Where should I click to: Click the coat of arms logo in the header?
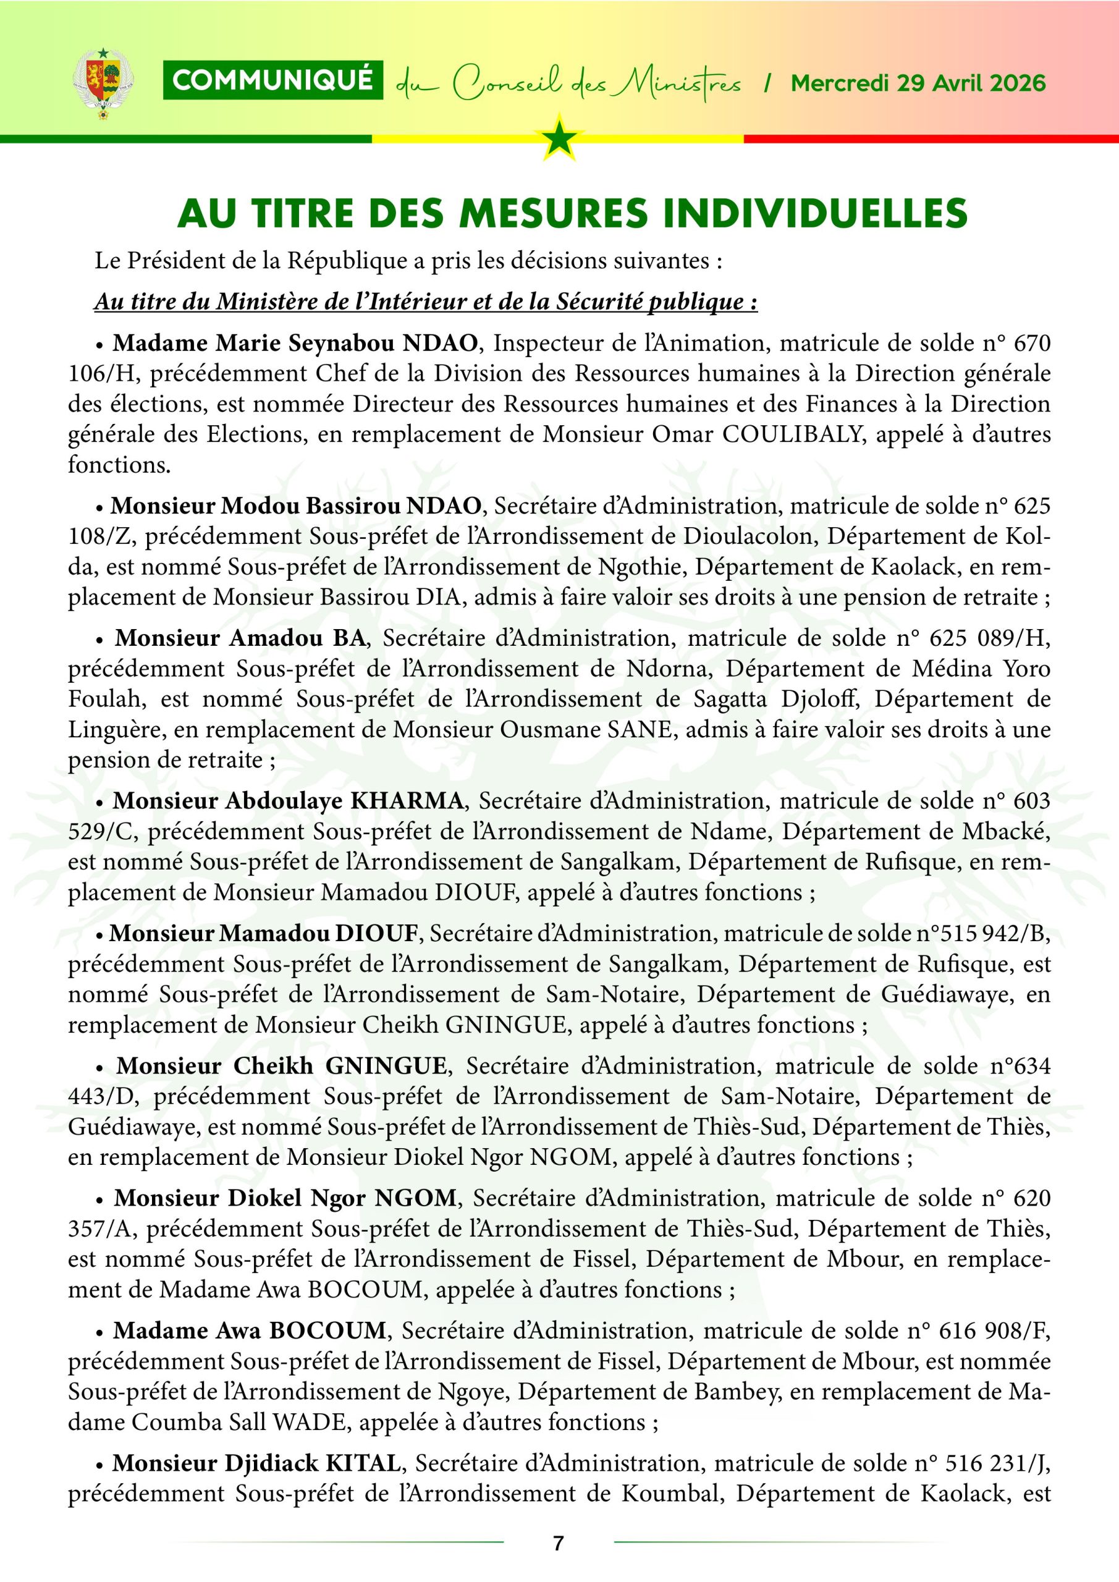(x=103, y=84)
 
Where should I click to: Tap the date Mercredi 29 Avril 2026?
(x=918, y=83)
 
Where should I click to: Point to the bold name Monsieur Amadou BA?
(x=239, y=639)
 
